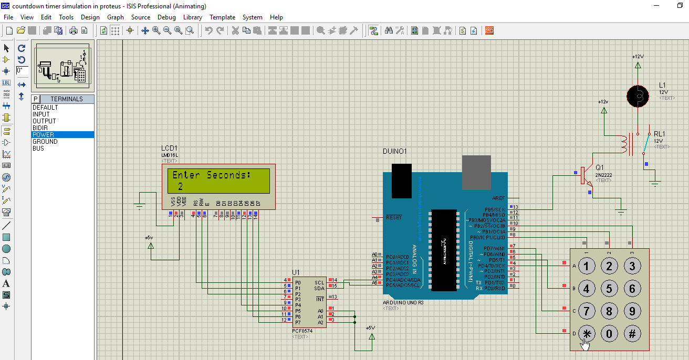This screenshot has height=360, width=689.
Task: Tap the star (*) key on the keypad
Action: click(x=587, y=334)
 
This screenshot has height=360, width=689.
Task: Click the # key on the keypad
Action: click(x=632, y=334)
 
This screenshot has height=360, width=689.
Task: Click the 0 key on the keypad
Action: click(x=609, y=334)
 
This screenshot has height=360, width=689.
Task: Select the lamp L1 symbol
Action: click(x=638, y=96)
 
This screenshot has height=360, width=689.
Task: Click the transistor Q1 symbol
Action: click(x=585, y=176)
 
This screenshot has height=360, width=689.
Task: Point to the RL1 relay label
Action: click(x=660, y=134)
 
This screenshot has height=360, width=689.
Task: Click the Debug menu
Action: click(x=166, y=17)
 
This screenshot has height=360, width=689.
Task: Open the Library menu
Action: click(x=193, y=17)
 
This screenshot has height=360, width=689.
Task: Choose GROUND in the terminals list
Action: click(x=45, y=142)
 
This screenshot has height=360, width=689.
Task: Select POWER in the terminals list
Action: click(x=43, y=135)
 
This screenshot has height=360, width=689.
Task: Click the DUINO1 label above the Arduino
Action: click(x=394, y=152)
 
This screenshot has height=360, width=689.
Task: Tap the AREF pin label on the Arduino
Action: click(x=498, y=198)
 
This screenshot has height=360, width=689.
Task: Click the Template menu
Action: click(x=222, y=17)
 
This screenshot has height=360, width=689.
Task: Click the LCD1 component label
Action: click(x=170, y=149)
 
